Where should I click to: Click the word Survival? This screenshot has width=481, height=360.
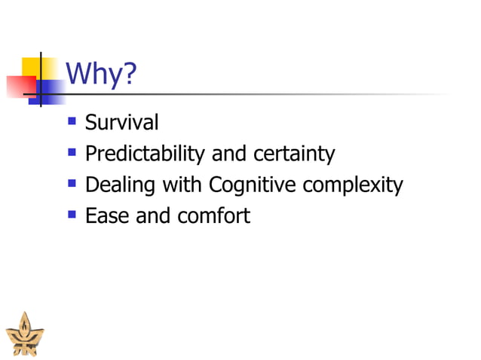point(121,122)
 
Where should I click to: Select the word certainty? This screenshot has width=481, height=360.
point(293,154)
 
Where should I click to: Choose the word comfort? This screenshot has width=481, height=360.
point(213,216)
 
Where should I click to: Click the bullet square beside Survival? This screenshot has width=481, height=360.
point(72,121)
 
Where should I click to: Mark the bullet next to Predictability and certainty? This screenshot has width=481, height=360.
point(72,152)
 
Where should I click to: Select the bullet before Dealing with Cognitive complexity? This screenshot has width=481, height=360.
point(72,183)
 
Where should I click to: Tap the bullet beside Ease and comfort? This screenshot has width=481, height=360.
point(72,215)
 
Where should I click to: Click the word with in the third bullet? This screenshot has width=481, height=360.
point(180,185)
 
